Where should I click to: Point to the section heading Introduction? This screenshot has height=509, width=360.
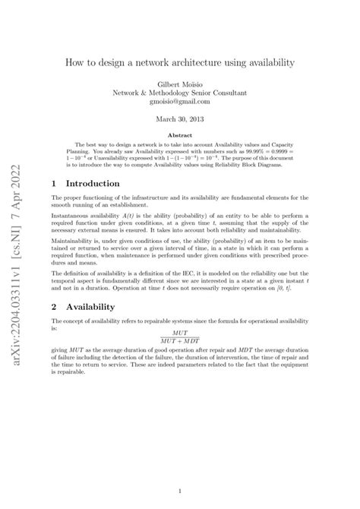click(x=93, y=184)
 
